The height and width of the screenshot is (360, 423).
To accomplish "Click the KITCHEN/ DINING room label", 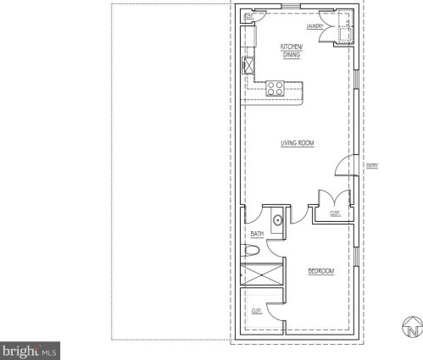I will pyautogui.click(x=292, y=50).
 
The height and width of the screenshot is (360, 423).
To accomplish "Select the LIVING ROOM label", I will pyautogui.click(x=298, y=144).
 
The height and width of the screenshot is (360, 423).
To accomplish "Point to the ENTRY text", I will pyautogui.click(x=371, y=165).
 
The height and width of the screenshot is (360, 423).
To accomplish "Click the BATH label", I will pyautogui.click(x=257, y=233).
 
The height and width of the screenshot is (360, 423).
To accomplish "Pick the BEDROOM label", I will pyautogui.click(x=320, y=271).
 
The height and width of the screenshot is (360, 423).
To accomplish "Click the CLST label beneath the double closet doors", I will pyautogui.click(x=335, y=213).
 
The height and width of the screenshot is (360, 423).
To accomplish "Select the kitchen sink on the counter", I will pyautogui.click(x=249, y=65).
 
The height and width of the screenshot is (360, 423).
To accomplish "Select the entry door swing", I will pyautogui.click(x=345, y=166).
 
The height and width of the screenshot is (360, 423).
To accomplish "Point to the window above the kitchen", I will pyautogui.click(x=288, y=7).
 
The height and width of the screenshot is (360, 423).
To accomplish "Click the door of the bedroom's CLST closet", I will pyautogui.click(x=273, y=312).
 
